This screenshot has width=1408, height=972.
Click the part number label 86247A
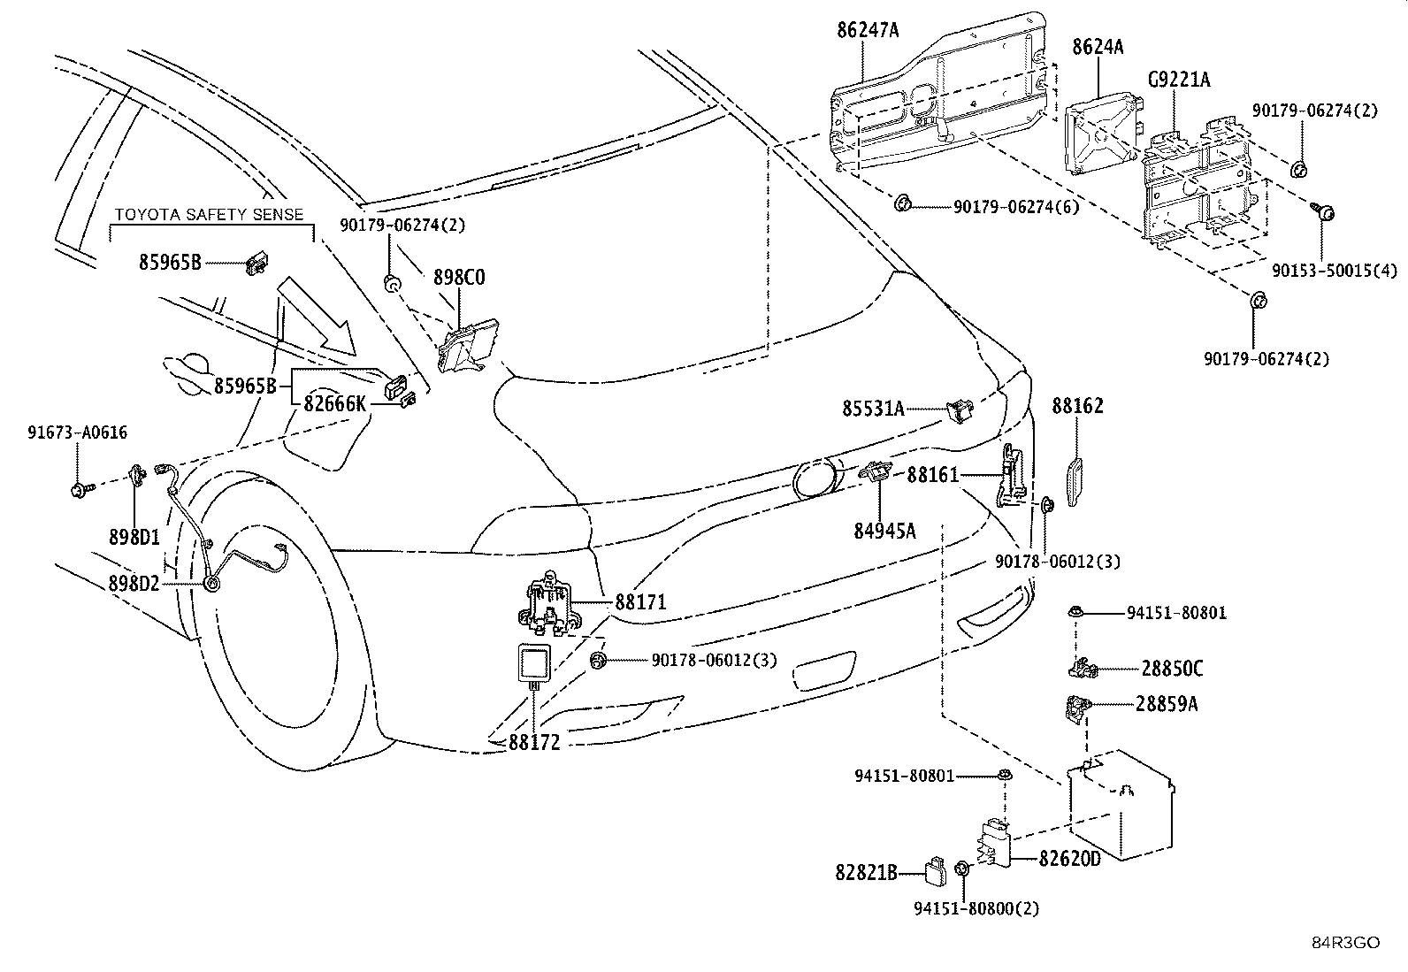tap(868, 30)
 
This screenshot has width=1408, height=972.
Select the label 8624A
tap(1098, 47)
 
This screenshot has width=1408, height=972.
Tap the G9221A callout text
tap(1179, 80)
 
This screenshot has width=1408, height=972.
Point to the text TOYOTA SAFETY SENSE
tap(209, 214)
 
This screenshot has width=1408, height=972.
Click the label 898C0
tap(459, 277)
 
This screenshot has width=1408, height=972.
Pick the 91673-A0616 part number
tap(77, 432)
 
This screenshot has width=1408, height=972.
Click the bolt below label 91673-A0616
tap(81, 489)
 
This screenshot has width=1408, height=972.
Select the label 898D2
tap(134, 584)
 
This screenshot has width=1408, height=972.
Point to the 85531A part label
tap(873, 409)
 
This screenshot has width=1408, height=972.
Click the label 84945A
tap(884, 532)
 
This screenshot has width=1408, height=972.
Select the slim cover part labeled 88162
tap(1075, 482)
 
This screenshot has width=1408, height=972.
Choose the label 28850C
tap(1172, 669)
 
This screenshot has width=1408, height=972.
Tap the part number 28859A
tap(1167, 704)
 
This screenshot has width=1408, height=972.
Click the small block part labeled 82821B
tap(936, 871)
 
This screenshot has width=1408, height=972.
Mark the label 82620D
tap(1070, 859)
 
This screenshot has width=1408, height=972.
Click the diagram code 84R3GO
tap(1345, 943)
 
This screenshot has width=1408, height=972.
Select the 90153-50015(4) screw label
tap(1335, 271)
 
